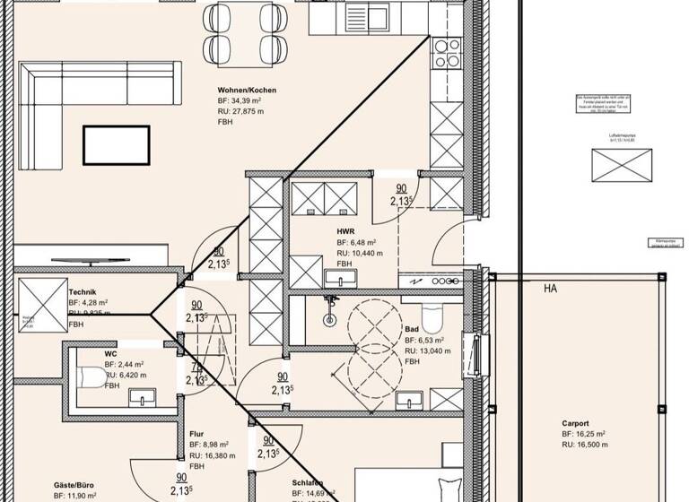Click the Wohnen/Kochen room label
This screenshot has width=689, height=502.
pos(246,91)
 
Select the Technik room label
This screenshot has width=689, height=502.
pos(83,292)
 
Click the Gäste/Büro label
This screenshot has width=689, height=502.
pos(74,484)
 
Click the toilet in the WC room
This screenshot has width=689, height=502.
pos(91,377)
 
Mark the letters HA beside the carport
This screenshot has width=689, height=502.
pos(551,290)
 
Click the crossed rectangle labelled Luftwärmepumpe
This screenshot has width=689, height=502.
pos(620,165)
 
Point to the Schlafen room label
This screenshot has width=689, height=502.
pos(307,484)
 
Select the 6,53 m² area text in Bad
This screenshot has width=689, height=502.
pos(425,342)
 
